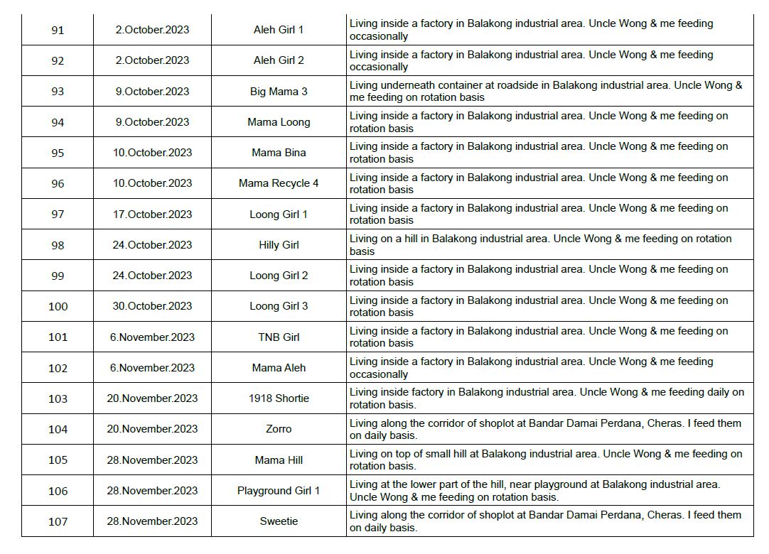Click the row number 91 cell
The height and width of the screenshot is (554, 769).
point(58,30)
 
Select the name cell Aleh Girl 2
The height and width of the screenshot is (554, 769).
point(279,60)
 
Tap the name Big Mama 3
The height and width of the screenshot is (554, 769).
point(279,92)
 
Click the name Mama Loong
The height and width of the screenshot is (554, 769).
point(279,122)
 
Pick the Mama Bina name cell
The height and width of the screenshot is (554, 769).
point(279,153)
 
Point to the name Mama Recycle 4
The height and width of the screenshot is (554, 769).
point(279,183)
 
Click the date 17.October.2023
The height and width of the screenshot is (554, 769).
point(152,214)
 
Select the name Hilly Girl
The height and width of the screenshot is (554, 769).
point(279,245)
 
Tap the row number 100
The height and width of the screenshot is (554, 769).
point(58,306)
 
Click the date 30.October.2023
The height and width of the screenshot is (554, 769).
point(152,306)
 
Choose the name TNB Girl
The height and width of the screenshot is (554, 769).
point(279,337)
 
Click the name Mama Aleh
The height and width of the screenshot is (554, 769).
point(279,368)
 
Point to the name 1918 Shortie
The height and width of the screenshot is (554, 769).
point(279,398)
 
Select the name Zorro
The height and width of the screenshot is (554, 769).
point(279,429)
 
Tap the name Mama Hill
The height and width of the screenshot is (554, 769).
point(279,460)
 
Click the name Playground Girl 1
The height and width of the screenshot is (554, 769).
point(279,491)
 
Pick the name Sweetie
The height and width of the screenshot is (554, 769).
point(279,521)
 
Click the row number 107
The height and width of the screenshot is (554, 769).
point(58,521)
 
